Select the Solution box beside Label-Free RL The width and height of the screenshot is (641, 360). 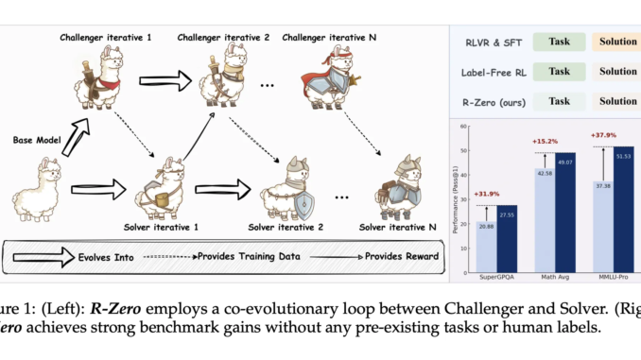coord(617,71)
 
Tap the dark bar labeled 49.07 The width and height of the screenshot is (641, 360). coord(565,215)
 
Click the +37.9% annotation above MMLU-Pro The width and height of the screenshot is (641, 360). coord(605,132)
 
